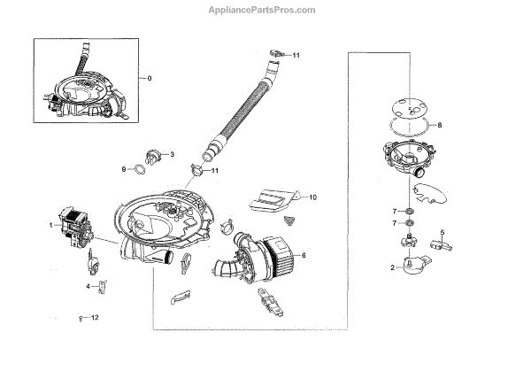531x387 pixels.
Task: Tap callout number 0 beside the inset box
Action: point(149,78)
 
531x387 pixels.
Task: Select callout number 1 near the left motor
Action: point(51,225)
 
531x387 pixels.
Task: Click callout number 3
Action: point(172,152)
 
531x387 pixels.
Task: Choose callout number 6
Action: point(305,255)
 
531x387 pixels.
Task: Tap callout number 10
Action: point(312,195)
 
